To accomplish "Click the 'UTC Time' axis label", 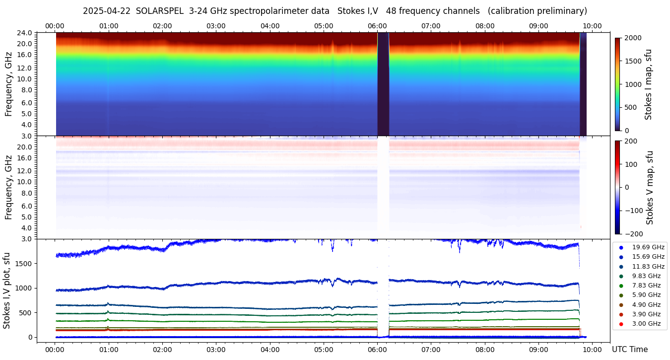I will (x=629, y=349).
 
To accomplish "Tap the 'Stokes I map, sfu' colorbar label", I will (x=648, y=84).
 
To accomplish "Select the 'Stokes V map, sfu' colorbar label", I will (x=650, y=187).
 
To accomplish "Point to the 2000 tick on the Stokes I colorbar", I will (x=633, y=38).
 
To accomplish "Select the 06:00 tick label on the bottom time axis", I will (x=378, y=349).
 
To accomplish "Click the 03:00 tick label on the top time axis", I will (x=216, y=26).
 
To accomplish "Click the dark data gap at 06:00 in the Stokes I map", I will (x=383, y=84).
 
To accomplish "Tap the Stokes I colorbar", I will (x=617, y=84).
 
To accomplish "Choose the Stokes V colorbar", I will (x=617, y=187).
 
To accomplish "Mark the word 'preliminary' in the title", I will (x=562, y=11).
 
